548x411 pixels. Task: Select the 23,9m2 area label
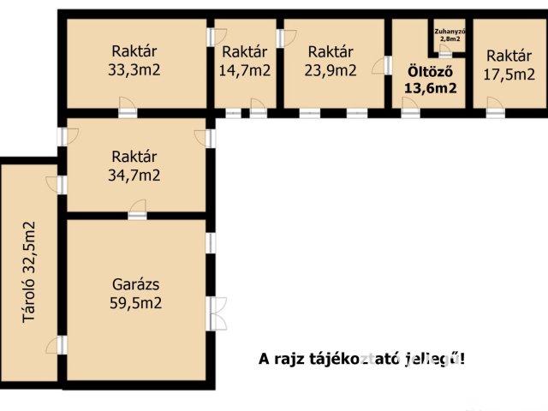coord(331,71)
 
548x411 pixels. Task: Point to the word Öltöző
coord(430,71)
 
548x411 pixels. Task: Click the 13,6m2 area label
coord(430,88)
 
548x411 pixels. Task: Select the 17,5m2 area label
coord(509,74)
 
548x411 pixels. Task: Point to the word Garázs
coord(136,284)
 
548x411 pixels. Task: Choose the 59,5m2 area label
coord(136,302)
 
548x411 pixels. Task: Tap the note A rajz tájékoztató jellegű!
coord(362,360)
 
